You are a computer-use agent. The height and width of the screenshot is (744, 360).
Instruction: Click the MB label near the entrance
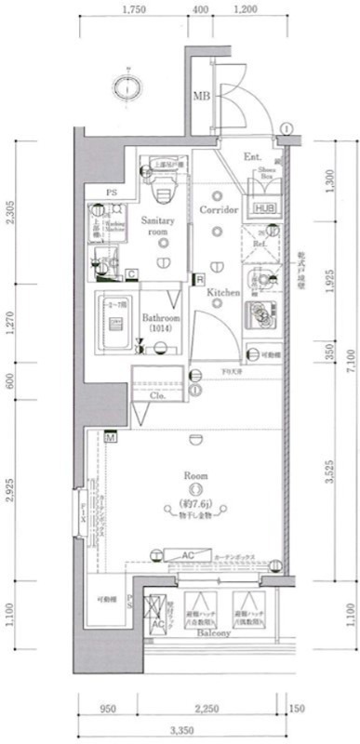tap(200, 96)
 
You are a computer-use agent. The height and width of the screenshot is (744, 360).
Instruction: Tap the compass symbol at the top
tap(127, 86)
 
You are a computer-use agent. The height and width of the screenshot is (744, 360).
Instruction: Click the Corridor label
tap(220, 211)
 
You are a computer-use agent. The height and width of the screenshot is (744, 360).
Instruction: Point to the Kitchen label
tap(223, 293)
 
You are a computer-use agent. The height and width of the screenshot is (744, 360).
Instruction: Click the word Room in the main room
tap(195, 475)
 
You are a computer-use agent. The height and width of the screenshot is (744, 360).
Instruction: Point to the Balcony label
tap(213, 631)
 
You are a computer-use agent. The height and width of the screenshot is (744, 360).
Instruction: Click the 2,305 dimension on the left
tap(11, 219)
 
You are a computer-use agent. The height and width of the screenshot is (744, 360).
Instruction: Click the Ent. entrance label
tap(251, 159)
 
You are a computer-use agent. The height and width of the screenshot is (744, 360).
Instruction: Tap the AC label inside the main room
tap(187, 555)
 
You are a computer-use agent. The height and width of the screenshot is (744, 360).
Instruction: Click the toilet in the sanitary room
tap(164, 189)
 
